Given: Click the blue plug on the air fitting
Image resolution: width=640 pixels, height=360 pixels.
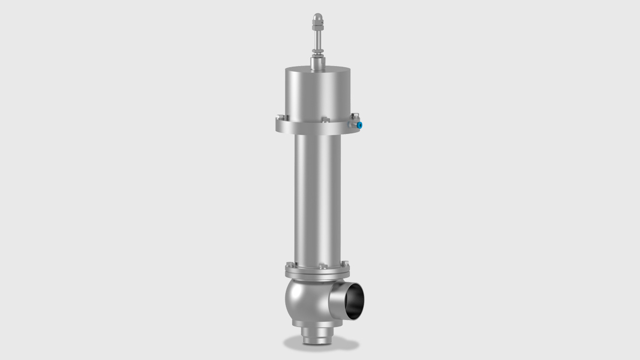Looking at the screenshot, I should (x=359, y=125).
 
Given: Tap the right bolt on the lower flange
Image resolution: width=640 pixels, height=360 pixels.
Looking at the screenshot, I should (x=345, y=263).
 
